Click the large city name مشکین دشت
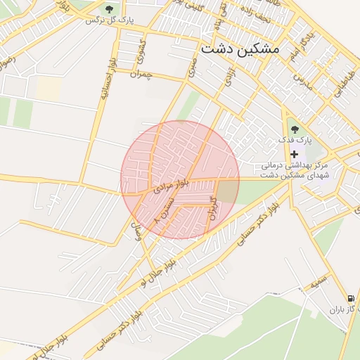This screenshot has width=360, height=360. click(x=240, y=49)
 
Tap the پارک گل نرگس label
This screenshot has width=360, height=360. click(x=109, y=20)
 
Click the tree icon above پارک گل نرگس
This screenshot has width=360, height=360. click(x=109, y=8)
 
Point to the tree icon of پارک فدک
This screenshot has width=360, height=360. click(x=294, y=129)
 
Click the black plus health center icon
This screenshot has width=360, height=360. click(x=294, y=153)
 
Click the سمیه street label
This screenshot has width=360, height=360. click(x=320, y=282)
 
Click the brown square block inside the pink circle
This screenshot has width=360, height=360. click(x=226, y=191)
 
